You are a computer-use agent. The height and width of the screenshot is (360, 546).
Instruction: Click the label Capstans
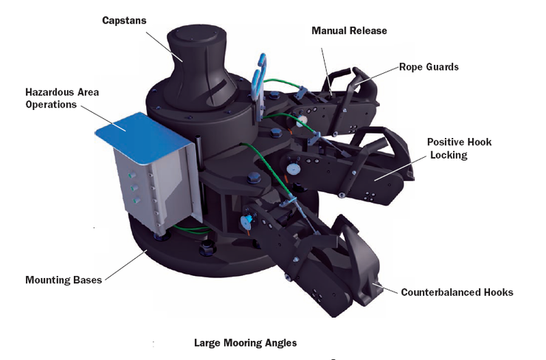coord(124,20)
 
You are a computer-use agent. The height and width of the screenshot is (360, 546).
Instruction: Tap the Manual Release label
coord(349,31)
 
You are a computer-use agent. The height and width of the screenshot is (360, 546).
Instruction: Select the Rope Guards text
coord(429,66)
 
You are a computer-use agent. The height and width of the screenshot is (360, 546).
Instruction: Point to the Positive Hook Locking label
coord(459,148)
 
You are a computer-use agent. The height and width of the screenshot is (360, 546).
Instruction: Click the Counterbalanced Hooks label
coord(457,292)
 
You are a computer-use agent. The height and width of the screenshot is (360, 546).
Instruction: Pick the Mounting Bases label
coord(63,280)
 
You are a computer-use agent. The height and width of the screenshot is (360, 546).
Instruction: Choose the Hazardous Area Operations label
coord(62,98)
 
